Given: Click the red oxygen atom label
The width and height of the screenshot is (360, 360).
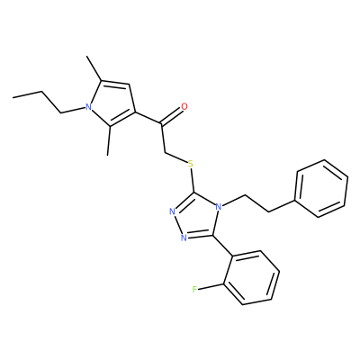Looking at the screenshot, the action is (x=184, y=106).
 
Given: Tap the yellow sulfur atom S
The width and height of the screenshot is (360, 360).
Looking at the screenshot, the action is (x=190, y=164).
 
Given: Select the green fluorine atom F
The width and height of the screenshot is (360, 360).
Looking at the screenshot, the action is (x=194, y=290).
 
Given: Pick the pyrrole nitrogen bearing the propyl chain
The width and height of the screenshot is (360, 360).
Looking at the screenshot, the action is (x=88, y=107).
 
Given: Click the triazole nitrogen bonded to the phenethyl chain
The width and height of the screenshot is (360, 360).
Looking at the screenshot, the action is (x=219, y=207).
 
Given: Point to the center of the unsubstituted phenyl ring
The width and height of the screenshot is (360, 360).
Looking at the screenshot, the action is (x=321, y=188).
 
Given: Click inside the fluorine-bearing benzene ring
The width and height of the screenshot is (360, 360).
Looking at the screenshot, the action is (x=252, y=277).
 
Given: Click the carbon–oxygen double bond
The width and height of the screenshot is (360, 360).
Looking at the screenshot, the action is (x=172, y=116).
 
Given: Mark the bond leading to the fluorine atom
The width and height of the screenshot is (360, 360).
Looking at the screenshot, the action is (x=211, y=286).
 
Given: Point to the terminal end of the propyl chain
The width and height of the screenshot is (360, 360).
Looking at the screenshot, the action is (x=13, y=97).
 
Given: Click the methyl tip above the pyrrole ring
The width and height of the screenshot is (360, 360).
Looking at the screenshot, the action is (x=86, y=56).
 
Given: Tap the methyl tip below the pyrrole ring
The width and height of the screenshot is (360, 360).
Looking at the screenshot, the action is (x=107, y=155).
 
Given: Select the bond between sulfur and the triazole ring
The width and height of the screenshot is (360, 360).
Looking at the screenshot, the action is (x=192, y=181).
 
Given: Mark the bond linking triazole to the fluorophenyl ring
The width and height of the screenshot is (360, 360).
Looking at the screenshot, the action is (x=223, y=246).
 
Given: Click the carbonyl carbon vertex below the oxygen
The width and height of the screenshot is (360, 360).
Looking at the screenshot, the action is (x=161, y=123).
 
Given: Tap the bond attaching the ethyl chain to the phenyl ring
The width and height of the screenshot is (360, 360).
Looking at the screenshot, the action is (x=282, y=206).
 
